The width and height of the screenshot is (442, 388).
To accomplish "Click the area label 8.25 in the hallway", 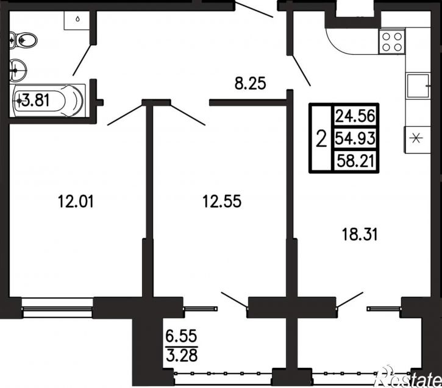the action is pyautogui.click(x=250, y=83).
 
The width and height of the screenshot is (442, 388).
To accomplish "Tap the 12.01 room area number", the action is pyautogui.click(x=76, y=202).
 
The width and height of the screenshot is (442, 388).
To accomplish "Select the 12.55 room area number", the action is pyautogui.click(x=222, y=202).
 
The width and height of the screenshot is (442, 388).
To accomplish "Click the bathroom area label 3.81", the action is pyautogui.click(x=36, y=101).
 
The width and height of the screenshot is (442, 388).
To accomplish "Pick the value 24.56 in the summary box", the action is pyautogui.click(x=355, y=116).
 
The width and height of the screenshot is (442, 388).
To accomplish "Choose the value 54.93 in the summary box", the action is pyautogui.click(x=355, y=138).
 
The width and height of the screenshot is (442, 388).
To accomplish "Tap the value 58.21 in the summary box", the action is pyautogui.click(x=355, y=161).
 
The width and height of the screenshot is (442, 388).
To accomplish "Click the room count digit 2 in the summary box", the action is pyautogui.click(x=321, y=139).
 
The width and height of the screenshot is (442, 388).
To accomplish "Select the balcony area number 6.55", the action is pyautogui.click(x=181, y=336).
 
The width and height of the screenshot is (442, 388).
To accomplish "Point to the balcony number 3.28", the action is pyautogui.click(x=182, y=355).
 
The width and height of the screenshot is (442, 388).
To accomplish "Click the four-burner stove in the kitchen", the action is pyautogui.click(x=392, y=41).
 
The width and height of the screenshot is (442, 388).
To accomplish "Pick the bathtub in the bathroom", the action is pyautogui.click(x=48, y=101).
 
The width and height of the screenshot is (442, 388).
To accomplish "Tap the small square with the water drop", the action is pyautogui.click(x=77, y=20).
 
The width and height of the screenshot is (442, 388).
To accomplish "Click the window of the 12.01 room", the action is pyautogui.click(x=57, y=308).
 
